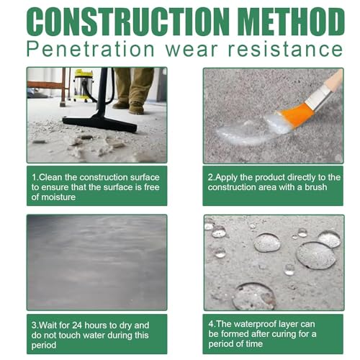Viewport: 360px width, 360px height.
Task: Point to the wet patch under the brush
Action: (x=248, y=131)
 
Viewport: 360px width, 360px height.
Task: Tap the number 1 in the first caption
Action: (x=34, y=176)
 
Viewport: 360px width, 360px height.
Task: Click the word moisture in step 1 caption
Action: (x=56, y=197)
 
